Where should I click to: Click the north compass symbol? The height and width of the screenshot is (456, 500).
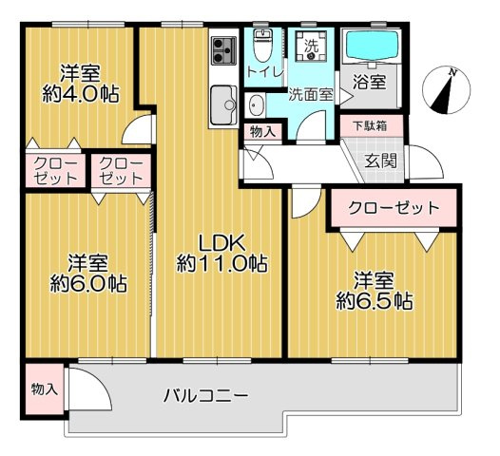(448, 89)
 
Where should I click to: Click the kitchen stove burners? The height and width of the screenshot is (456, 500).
(224, 47)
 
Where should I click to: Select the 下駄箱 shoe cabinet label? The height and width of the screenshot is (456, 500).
(369, 124)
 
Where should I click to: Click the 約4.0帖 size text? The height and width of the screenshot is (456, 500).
(80, 95)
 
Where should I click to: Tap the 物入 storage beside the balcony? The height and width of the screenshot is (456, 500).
(44, 389)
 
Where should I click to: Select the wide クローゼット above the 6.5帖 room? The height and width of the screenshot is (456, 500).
(393, 207)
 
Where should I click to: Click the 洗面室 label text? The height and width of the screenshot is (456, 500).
(310, 94)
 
